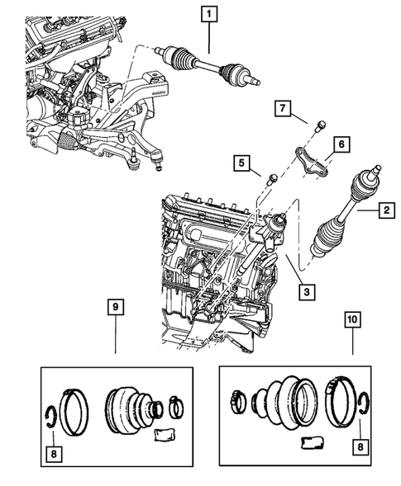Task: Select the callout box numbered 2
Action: (385, 212)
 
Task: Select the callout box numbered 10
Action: (351, 318)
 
